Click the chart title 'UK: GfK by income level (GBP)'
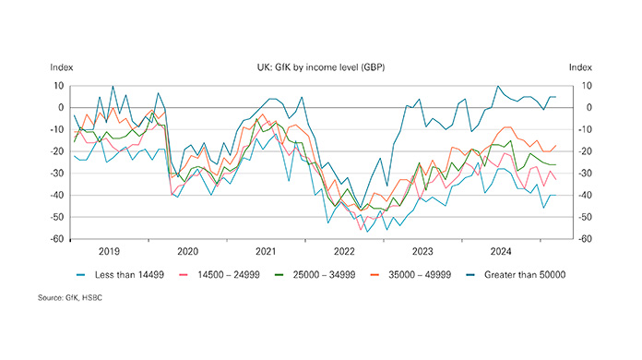tap(321, 67)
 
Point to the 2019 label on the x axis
tap(109, 251)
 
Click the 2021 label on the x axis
tap(266, 251)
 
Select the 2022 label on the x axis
tap(344, 251)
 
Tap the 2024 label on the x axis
tap(501, 251)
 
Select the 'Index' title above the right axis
tap(581, 67)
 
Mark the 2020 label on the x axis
tap(187, 251)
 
